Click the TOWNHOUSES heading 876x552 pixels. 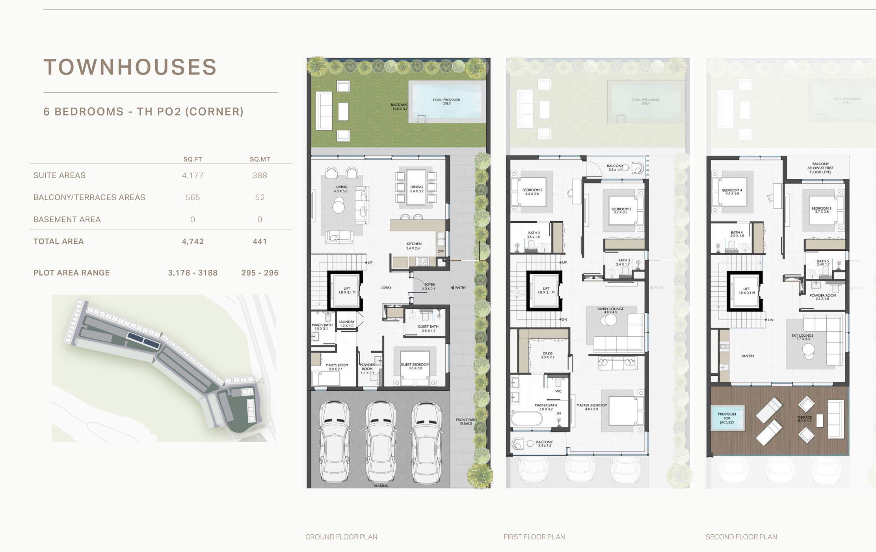[x=130, y=67]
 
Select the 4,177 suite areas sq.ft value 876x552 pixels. [x=193, y=175]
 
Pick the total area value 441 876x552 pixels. [x=260, y=241]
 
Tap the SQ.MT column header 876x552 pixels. [x=260, y=159]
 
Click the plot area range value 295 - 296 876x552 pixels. [x=260, y=273]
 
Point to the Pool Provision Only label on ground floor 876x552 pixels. [x=446, y=101]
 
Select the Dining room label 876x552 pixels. [x=417, y=189]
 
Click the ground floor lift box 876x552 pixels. [x=346, y=291]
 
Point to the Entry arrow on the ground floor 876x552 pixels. [x=452, y=288]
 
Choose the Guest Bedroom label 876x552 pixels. [x=415, y=366]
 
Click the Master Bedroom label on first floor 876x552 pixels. [x=591, y=407]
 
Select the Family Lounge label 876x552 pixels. [x=610, y=310]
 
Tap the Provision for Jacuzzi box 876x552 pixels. [x=727, y=418]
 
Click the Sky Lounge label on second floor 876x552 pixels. [x=802, y=337]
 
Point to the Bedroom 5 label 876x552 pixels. [x=822, y=210]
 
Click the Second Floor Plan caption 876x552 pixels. [x=741, y=537]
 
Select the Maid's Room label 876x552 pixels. [x=337, y=367]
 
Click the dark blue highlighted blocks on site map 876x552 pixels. [x=143, y=340]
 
